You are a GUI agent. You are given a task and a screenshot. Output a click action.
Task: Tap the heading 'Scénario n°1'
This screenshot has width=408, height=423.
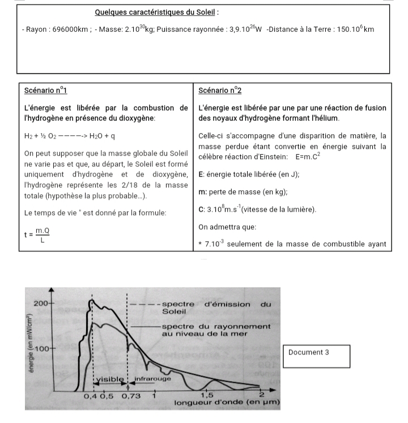46,91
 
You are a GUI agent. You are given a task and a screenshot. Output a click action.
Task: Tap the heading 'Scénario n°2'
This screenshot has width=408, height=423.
221,91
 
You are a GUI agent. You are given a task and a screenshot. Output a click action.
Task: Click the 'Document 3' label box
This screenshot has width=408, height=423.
315,356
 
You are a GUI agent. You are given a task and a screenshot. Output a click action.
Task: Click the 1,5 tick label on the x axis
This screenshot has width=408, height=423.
207,395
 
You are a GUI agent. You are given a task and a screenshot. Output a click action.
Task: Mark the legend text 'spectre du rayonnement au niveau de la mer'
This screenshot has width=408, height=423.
215,330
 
